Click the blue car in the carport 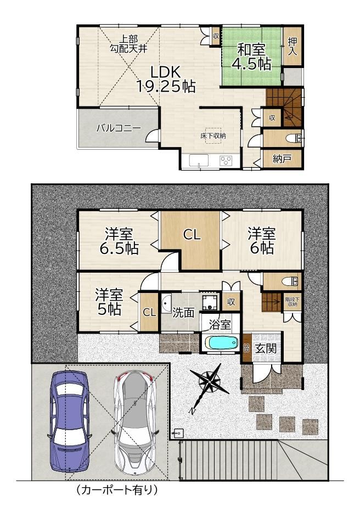70,421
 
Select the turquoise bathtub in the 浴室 222,342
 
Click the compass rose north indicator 209,384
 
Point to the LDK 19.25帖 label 166,79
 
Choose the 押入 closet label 292,46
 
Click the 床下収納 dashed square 213,136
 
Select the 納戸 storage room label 282,159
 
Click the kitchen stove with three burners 226,161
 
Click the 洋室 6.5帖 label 119,241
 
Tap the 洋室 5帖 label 109,302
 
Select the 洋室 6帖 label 262,241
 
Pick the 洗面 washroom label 183,313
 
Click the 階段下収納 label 292,302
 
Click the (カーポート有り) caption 116,489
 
